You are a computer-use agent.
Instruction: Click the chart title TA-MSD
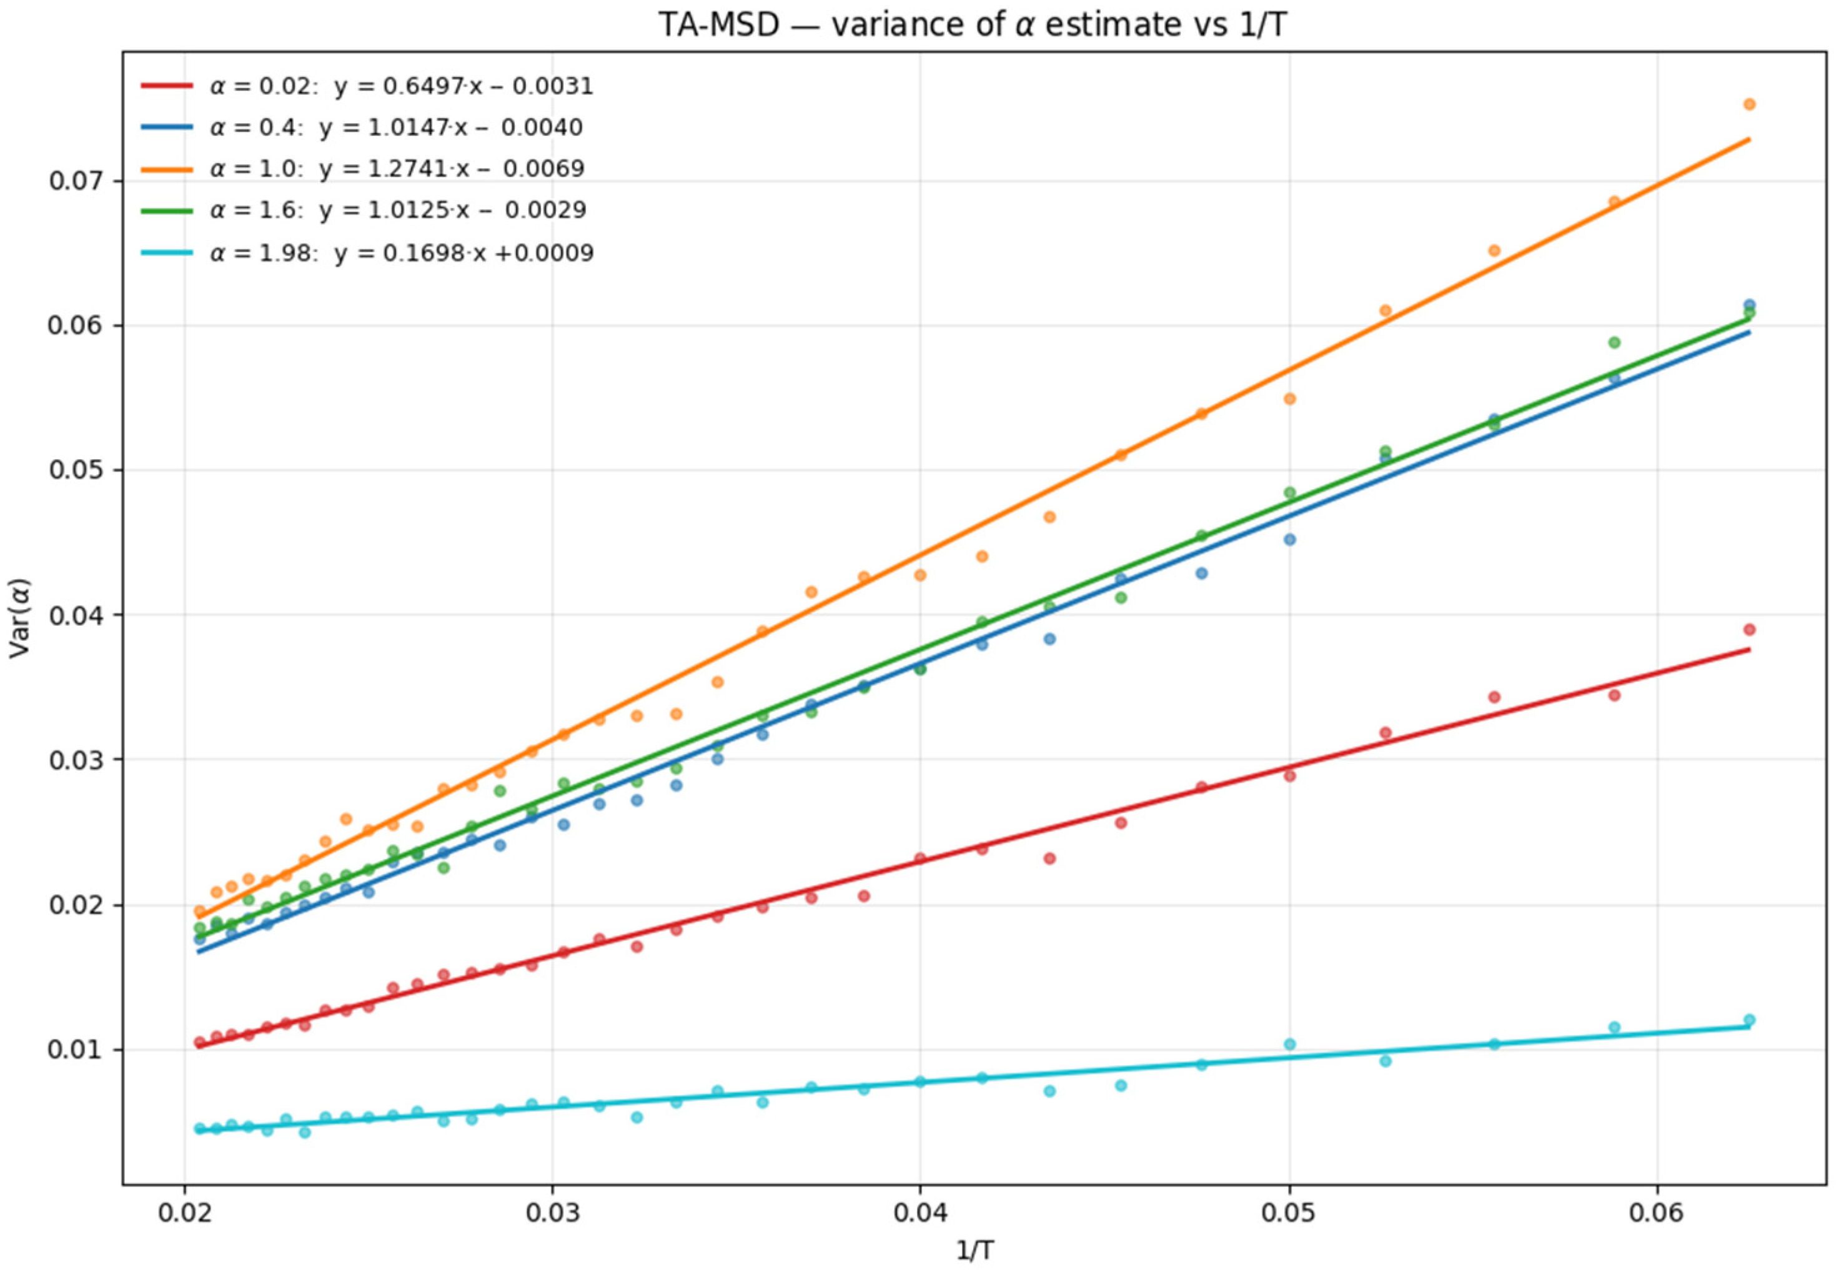click(x=971, y=25)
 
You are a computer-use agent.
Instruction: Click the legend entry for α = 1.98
click(x=402, y=254)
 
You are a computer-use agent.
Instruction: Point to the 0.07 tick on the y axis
click(x=78, y=181)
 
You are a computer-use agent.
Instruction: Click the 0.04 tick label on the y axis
click(x=78, y=615)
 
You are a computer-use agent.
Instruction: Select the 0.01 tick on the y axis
click(x=78, y=1050)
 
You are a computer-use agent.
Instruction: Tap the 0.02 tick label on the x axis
click(x=184, y=1213)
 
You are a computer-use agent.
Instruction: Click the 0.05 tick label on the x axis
click(x=1289, y=1213)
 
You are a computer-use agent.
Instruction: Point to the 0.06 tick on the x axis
click(x=1657, y=1213)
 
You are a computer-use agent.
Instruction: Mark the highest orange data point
click(x=1750, y=104)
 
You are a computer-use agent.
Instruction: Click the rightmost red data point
click(x=1750, y=630)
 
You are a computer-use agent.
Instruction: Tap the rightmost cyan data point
click(x=1750, y=1020)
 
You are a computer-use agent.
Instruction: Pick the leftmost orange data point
click(x=200, y=911)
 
